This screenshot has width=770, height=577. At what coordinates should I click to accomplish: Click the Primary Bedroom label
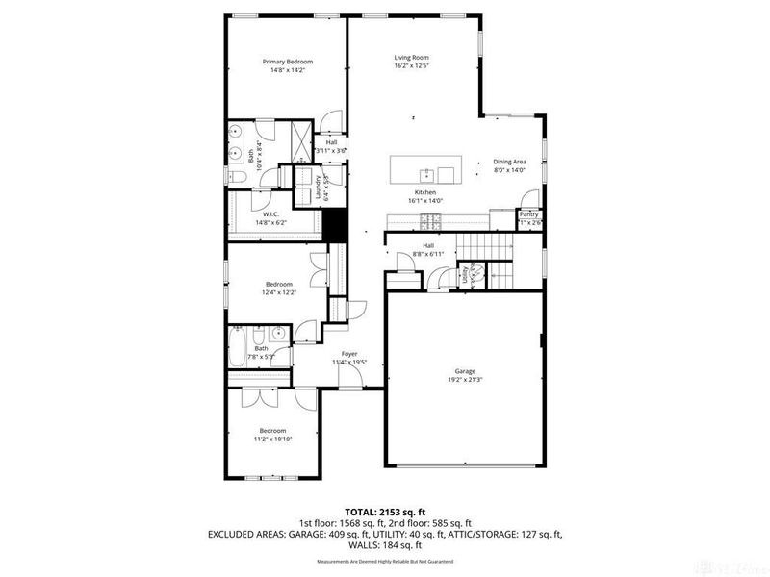click(x=288, y=62)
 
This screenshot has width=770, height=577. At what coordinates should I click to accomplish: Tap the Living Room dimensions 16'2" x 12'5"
click(x=411, y=66)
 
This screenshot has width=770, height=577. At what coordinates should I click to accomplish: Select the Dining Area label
click(x=510, y=162)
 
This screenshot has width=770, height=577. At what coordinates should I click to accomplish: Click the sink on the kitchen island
click(x=424, y=174)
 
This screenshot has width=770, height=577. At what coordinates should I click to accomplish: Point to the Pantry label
click(x=529, y=214)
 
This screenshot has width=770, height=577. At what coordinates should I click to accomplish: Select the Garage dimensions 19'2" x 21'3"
click(x=465, y=380)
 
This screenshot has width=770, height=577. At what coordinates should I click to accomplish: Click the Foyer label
click(x=349, y=354)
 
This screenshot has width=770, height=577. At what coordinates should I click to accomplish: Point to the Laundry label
click(x=319, y=190)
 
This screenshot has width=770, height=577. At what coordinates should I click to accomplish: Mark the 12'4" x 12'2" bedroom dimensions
click(x=279, y=292)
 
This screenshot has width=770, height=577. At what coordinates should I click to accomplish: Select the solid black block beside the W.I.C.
click(x=335, y=225)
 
